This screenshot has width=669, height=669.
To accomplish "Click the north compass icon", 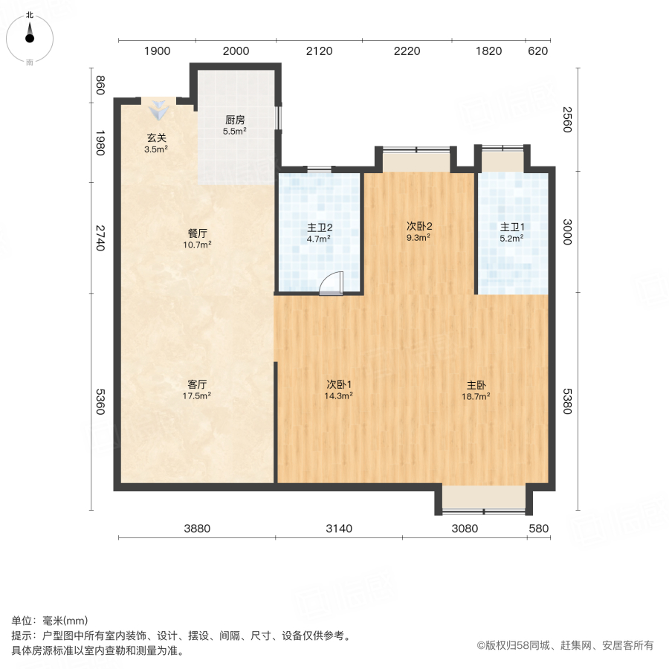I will click(30, 35).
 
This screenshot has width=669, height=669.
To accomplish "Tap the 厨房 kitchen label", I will click(235, 120).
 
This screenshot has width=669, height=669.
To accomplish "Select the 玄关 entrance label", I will click(156, 138).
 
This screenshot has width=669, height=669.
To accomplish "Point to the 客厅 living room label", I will click(197, 384).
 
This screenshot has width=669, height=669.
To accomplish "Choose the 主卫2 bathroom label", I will click(319, 227).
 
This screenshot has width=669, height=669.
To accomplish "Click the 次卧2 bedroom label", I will click(419, 226).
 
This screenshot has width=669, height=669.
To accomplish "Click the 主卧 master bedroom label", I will click(476, 385).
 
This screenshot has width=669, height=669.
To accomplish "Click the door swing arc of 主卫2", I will click(331, 284).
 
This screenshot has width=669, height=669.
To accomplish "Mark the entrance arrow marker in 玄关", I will click(158, 111).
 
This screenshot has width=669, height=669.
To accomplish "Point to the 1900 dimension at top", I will click(157, 51).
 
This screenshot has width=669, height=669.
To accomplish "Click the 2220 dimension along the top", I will click(407, 51).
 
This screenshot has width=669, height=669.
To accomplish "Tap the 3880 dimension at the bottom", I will click(198, 529).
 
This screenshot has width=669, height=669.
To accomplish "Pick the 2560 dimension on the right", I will click(567, 119).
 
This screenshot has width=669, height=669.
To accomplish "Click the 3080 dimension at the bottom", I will click(465, 529).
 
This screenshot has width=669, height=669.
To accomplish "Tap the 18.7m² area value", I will click(476, 396).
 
